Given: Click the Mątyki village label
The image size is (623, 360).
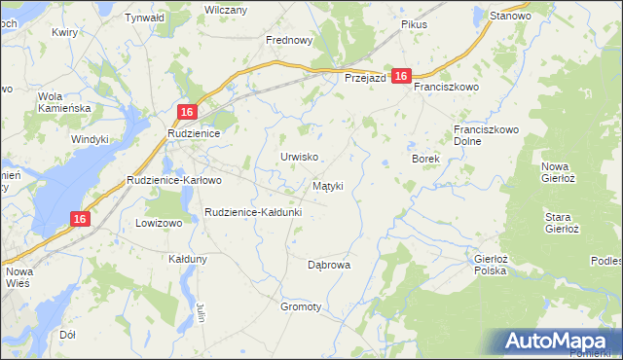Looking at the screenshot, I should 327,185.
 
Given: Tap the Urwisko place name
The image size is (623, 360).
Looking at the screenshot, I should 299,157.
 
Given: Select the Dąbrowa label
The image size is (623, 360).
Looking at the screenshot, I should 328,264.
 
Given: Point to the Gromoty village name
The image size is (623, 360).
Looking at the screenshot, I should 301,306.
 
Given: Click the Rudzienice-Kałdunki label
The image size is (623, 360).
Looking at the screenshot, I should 253,211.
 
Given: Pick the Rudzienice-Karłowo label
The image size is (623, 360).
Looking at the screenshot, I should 175,180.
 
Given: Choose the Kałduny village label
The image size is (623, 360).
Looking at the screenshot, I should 188,260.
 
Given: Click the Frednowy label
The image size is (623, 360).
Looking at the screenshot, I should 289,41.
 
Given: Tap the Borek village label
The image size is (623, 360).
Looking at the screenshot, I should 426,158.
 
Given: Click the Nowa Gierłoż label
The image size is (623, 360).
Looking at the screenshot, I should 561,172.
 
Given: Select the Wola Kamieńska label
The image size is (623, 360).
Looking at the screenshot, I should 63,102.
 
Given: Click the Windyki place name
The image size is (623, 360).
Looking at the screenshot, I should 90,139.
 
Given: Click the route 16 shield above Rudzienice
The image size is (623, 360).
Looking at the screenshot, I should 189,112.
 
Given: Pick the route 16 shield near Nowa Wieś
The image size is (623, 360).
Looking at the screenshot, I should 80,220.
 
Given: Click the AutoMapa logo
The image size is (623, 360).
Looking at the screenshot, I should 556,341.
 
